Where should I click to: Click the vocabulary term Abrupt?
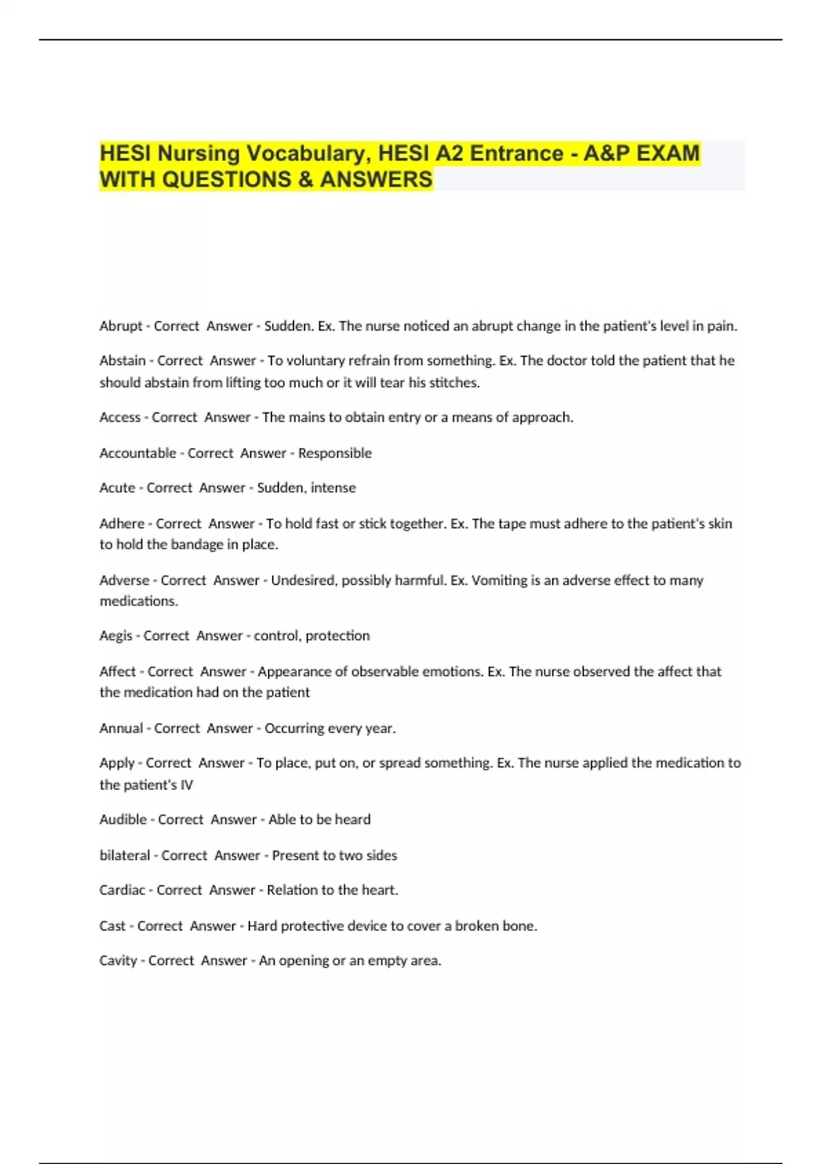(x=121, y=326)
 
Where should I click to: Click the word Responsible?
(x=335, y=453)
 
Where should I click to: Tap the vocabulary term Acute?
(x=117, y=488)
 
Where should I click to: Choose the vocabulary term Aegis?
(x=116, y=636)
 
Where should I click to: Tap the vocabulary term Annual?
(x=121, y=729)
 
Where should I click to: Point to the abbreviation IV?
(x=186, y=785)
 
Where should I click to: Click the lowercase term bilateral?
(x=125, y=856)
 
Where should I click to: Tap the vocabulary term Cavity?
(x=119, y=961)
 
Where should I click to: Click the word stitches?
(x=454, y=383)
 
